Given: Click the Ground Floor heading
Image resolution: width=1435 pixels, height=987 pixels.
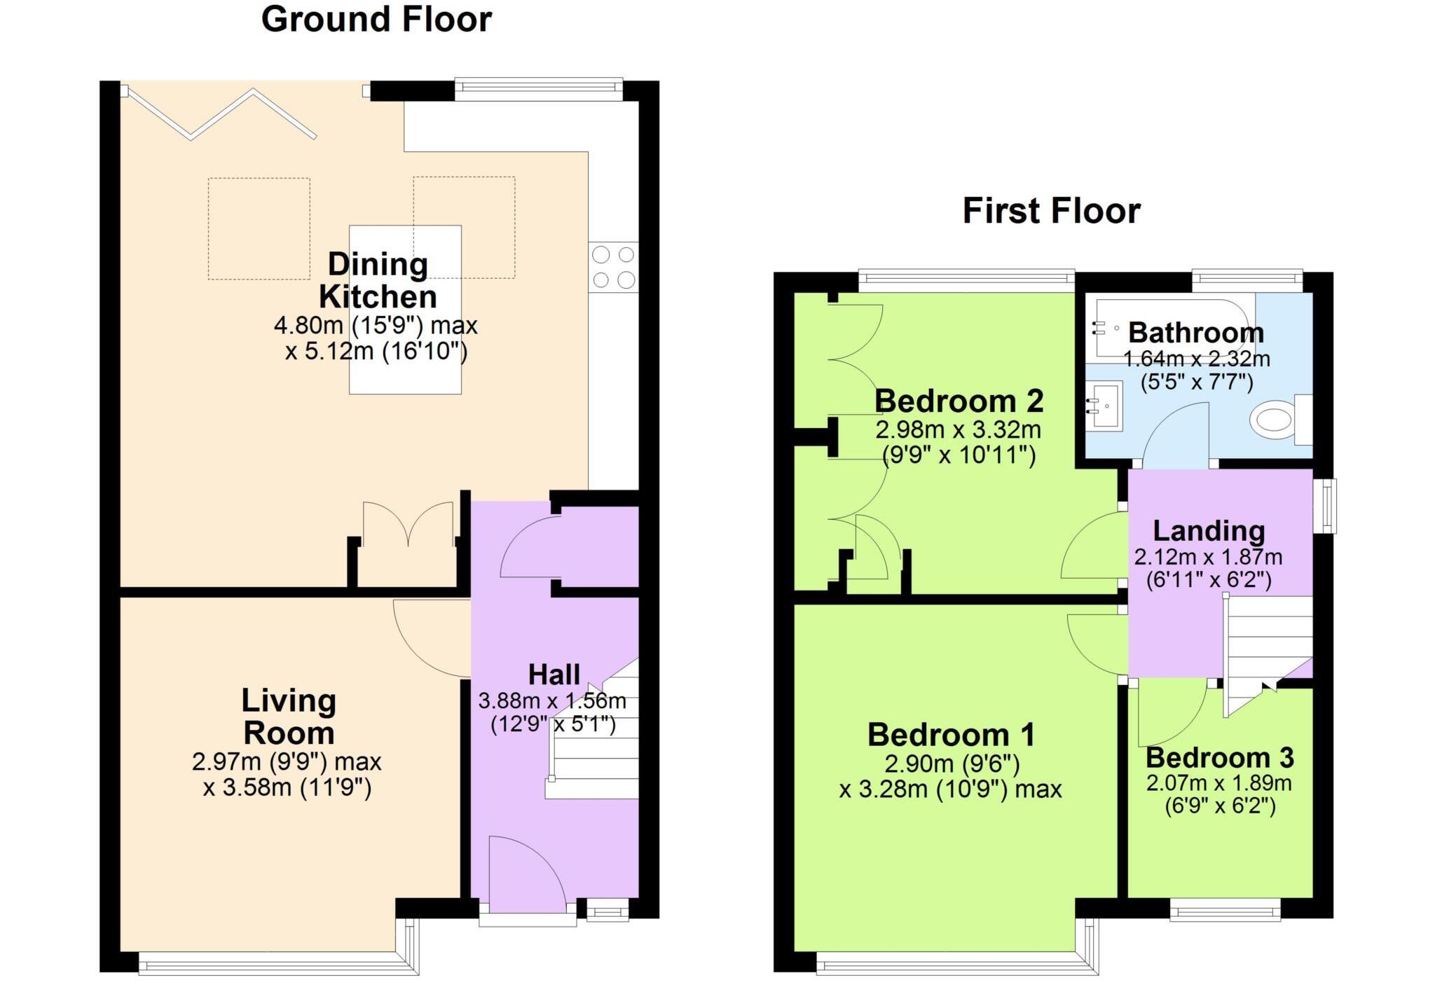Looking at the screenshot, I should [x=376, y=20].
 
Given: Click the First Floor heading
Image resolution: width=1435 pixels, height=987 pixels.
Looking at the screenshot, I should [x=1051, y=211].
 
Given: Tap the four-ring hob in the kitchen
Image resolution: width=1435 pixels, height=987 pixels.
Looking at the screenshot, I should [x=614, y=267].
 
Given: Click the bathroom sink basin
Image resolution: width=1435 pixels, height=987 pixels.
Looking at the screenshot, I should [x=1104, y=405].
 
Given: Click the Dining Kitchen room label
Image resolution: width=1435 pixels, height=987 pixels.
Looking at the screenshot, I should [x=378, y=280].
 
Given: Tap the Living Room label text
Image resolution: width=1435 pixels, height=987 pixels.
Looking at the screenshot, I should [x=289, y=717].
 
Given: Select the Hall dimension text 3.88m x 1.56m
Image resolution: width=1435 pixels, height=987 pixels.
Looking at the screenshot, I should [x=552, y=700].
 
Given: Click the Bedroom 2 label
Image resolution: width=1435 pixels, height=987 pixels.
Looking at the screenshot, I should [x=959, y=401].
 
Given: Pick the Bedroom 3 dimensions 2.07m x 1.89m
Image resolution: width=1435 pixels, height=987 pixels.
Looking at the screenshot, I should [x=1218, y=782].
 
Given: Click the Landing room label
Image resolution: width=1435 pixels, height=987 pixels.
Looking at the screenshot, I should [x=1209, y=531].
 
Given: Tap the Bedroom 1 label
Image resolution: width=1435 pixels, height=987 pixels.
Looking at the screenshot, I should [x=951, y=735].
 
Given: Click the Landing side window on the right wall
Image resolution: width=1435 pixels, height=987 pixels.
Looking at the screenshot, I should [x=1324, y=506].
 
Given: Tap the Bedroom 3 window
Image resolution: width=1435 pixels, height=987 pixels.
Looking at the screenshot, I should [x=1225, y=911].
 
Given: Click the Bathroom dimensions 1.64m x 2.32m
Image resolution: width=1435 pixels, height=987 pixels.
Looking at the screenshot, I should [x=1196, y=359].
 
